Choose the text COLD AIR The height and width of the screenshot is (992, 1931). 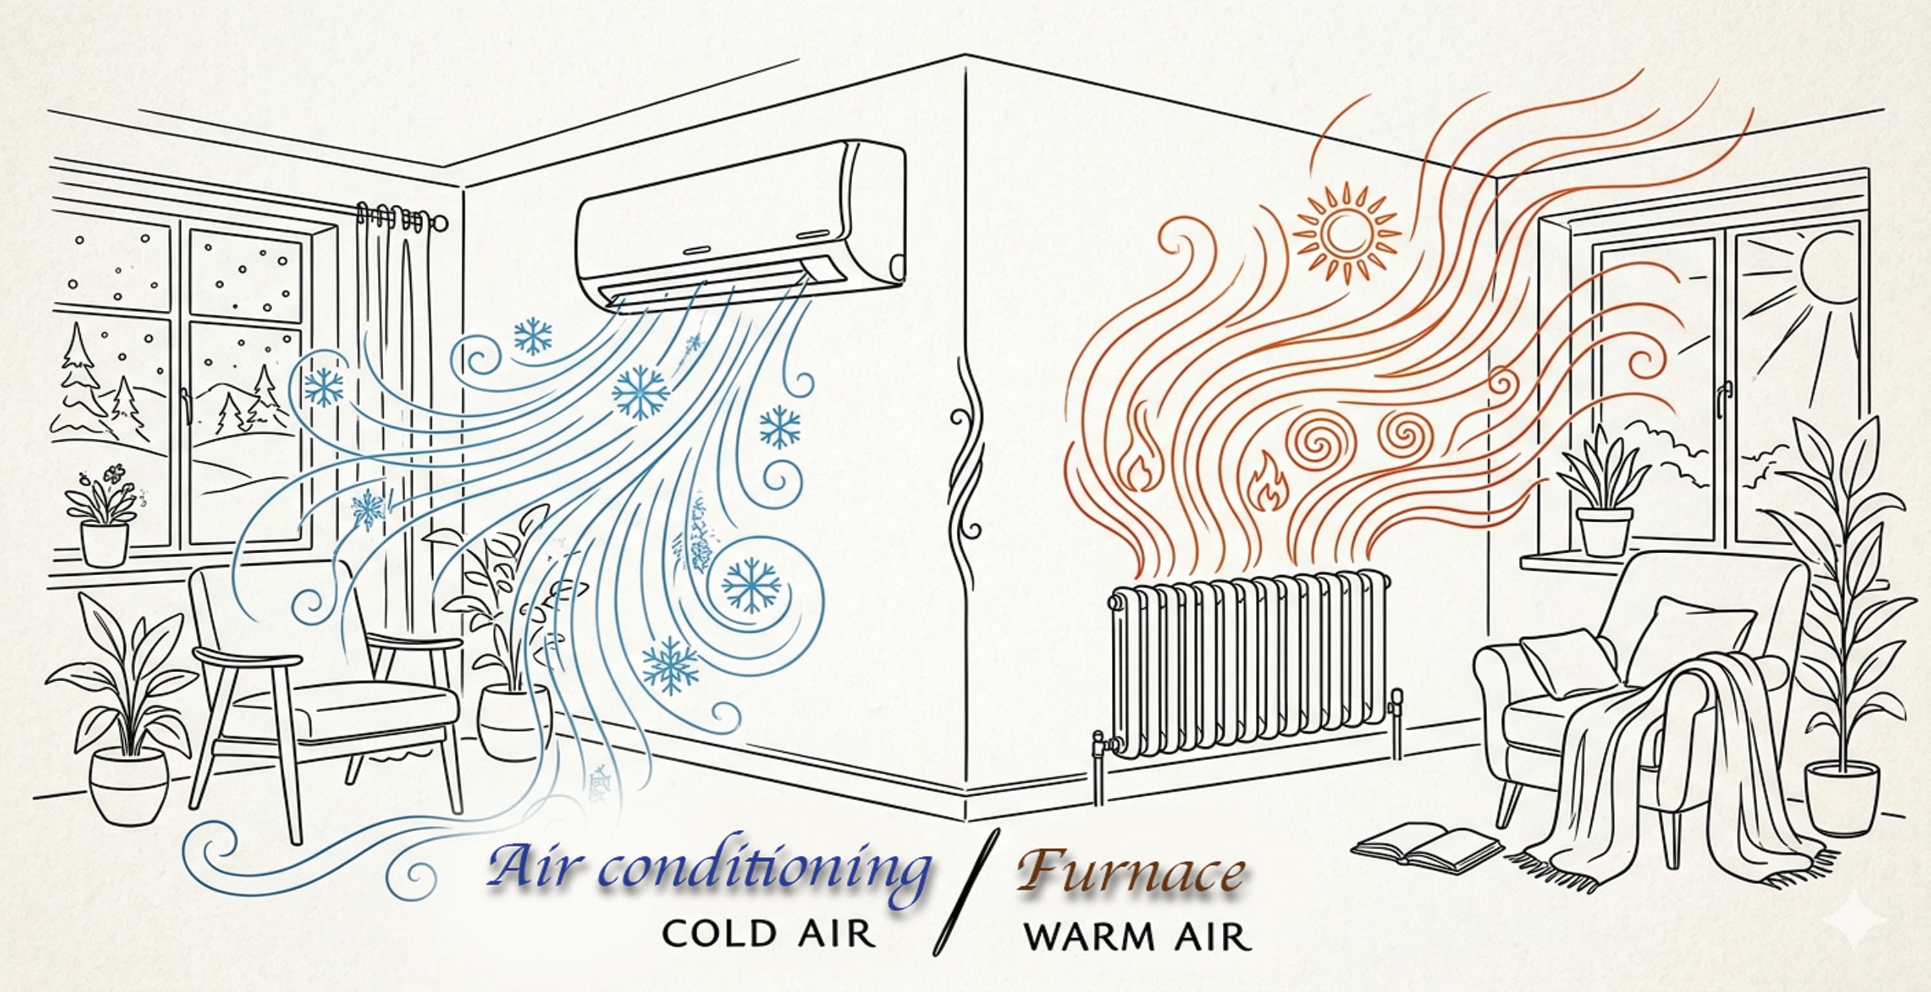pyautogui.click(x=769, y=934)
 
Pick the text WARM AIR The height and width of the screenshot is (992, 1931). pyautogui.click(x=1137, y=936)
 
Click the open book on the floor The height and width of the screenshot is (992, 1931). pyautogui.click(x=1427, y=847)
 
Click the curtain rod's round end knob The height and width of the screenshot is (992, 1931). pyautogui.click(x=440, y=223)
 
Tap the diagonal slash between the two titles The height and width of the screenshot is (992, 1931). pyautogui.click(x=967, y=892)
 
